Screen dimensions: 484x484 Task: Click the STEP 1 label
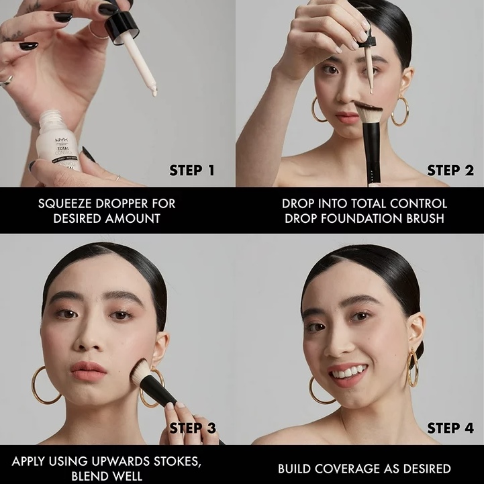(x=192, y=171)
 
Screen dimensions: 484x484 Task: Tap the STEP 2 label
(x=450, y=171)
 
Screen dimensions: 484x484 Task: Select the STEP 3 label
(x=193, y=428)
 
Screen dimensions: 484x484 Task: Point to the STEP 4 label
(x=450, y=428)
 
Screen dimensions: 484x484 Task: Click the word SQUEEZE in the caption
(x=65, y=203)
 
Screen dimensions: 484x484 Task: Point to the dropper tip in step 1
(x=154, y=92)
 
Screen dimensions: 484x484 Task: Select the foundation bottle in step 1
(x=58, y=142)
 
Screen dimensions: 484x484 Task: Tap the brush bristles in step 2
(x=369, y=111)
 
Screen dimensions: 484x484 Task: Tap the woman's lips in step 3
(x=89, y=371)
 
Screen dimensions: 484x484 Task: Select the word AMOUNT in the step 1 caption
(x=133, y=219)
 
